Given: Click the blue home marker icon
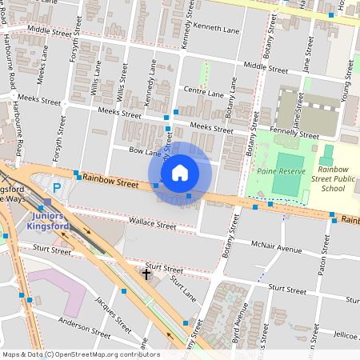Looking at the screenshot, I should (x=180, y=172).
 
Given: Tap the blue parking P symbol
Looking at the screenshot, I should (x=56, y=188).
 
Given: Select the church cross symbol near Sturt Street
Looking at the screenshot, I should (x=146, y=274).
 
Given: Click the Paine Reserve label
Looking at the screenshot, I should (x=277, y=170).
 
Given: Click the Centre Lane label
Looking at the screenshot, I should (x=203, y=93).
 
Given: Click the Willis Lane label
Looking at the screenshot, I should (x=97, y=77).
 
